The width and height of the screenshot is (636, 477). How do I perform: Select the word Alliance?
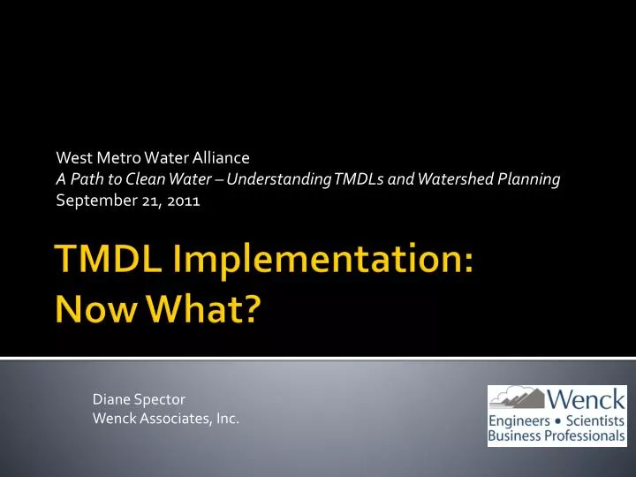[221, 158]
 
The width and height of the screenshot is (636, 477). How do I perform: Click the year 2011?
[185, 201]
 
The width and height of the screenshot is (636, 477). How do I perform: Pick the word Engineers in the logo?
[520, 421]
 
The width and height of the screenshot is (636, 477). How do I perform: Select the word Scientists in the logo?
[594, 421]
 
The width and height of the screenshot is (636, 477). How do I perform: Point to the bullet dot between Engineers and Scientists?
[557, 421]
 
